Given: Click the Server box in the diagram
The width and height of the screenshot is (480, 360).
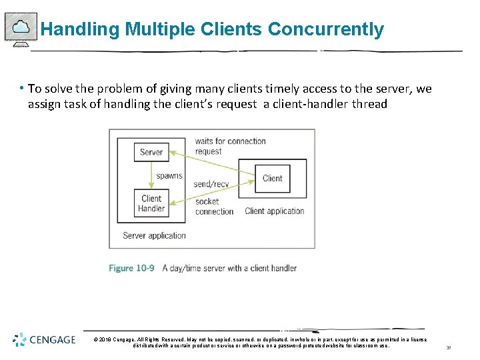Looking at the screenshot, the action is point(151,152).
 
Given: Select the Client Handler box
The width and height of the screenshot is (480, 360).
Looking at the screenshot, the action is point(151,203).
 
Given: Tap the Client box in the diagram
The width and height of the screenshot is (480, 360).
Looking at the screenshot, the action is point(272,178).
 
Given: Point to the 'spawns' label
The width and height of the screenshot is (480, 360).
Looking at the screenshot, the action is point(169,176).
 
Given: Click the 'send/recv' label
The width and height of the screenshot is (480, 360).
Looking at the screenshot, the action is point(211,184).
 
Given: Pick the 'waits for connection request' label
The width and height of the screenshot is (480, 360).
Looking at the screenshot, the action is point(230,146).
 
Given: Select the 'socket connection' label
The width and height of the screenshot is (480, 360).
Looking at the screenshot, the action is point(214,206).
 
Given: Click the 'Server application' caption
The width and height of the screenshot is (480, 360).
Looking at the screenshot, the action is point(154,235).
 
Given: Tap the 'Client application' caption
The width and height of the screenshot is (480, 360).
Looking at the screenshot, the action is point(275,211).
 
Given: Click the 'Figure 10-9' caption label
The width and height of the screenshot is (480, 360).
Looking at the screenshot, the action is point(131,268).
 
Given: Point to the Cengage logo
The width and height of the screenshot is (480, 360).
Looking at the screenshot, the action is point(44,340).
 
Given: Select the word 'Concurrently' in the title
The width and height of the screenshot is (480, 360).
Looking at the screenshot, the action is point(326,30).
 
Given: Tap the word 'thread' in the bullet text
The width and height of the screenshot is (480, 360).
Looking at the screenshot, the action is point(371,104).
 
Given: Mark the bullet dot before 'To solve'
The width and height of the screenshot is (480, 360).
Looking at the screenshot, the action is point(22,88).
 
